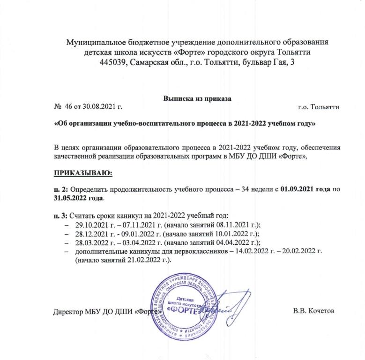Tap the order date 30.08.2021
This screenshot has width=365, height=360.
click(x=100, y=107)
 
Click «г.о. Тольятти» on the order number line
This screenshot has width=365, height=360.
click(x=319, y=107)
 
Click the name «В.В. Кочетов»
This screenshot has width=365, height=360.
click(x=313, y=312)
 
